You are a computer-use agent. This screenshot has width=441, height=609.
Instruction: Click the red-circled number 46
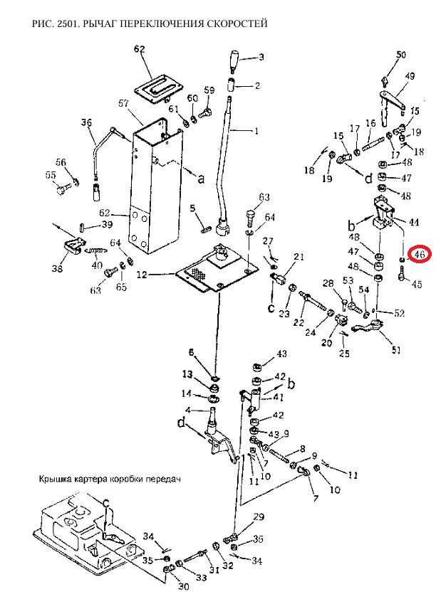[419, 255]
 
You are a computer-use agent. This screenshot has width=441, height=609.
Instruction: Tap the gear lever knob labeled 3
[234, 61]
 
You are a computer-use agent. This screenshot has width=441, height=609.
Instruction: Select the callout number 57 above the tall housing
[124, 104]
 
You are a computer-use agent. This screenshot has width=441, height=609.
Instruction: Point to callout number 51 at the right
[395, 350]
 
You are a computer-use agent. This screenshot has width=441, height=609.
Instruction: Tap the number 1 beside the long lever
[256, 132]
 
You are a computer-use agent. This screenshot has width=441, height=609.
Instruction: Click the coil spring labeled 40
[96, 252]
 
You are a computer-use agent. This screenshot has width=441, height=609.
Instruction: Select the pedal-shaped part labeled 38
[73, 247]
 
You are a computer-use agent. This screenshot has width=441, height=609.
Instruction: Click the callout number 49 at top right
[410, 76]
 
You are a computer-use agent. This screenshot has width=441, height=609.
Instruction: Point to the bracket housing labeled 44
[383, 213]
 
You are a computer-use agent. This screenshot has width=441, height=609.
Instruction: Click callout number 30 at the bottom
[183, 586]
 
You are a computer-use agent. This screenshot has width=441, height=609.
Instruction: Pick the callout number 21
[299, 256]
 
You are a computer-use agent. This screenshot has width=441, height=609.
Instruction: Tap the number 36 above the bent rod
[86, 123]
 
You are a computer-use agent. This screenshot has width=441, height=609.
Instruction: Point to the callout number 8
[303, 449]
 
